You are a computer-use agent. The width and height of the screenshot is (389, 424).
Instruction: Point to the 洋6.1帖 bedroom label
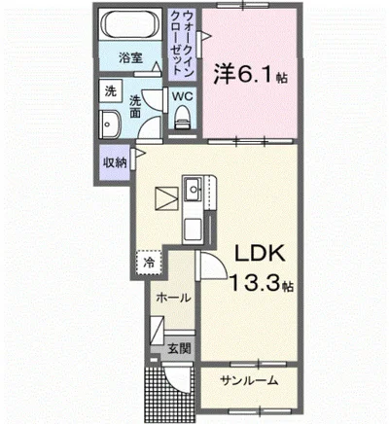click(249, 72)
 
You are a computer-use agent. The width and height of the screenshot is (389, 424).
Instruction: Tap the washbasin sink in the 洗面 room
click(109, 126)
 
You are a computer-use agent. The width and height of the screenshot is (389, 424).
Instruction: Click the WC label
click(182, 96)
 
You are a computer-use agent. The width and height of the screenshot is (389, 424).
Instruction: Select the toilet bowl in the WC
click(182, 121)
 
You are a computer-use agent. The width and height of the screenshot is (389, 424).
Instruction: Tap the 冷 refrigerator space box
click(149, 262)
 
